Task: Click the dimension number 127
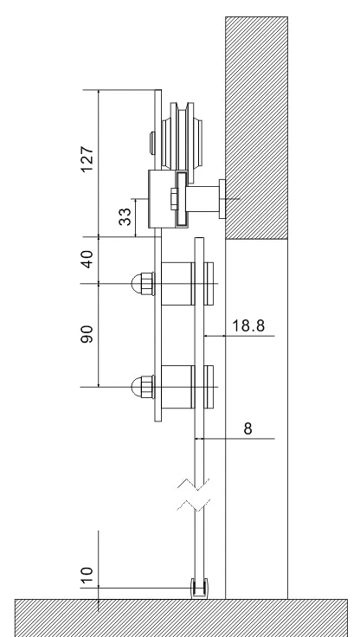tap(87, 159)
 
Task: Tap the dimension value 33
tap(125, 216)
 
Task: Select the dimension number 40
tap(87, 260)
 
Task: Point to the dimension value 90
tap(87, 334)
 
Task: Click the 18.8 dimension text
tap(248, 325)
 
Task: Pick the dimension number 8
tap(247, 428)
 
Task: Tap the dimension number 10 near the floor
tap(87, 576)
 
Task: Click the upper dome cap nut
tap(143, 284)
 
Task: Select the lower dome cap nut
tap(143, 387)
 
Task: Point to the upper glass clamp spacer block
tap(177, 284)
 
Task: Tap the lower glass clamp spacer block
tap(177, 387)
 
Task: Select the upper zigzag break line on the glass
tap(194, 485)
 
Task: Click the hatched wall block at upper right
tap(256, 127)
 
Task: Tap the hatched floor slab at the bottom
tap(181, 618)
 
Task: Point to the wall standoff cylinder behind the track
tap(202, 199)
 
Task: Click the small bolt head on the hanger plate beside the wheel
tap(152, 143)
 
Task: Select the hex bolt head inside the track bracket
tap(174, 199)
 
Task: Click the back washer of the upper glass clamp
tap(209, 284)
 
